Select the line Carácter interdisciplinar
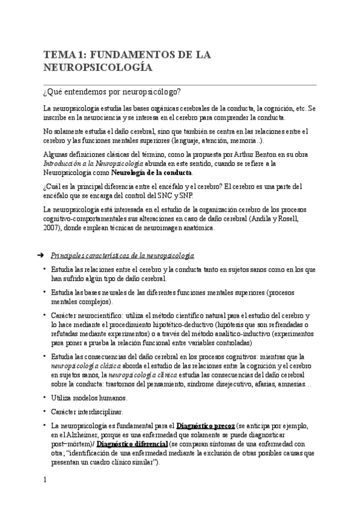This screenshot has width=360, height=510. (x=86, y=412)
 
